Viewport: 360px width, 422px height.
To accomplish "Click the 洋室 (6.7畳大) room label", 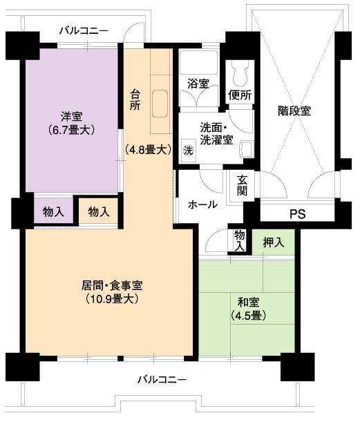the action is [72, 124].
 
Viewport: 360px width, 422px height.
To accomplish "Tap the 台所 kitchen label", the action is [135, 100].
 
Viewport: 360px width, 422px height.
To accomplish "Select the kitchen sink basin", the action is [160, 104].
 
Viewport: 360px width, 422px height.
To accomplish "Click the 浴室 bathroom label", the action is [198, 84].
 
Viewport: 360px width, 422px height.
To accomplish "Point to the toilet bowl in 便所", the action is [240, 73].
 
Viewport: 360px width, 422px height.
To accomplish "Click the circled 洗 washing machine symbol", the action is [189, 151].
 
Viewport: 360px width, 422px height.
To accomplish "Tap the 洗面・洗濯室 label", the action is [216, 134].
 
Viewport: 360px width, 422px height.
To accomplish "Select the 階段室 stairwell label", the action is [294, 111].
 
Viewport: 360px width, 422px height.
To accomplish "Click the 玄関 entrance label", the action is [242, 185].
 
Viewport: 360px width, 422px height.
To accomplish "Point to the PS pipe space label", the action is [298, 214].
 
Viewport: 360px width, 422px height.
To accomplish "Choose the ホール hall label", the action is [202, 204].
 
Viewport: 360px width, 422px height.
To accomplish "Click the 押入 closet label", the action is [274, 242].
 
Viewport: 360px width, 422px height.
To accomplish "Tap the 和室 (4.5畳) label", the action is [249, 309].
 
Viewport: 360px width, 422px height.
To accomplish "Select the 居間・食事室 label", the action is [112, 292].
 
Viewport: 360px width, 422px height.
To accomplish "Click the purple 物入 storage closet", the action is [53, 211].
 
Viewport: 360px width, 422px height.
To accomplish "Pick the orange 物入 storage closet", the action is [99, 211].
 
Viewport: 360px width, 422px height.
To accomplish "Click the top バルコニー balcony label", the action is [84, 30].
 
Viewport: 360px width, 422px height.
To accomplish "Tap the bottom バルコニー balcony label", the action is [162, 380].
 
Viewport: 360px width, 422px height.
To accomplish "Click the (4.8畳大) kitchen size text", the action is [148, 150].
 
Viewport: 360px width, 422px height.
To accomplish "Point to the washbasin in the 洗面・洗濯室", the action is [247, 149].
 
